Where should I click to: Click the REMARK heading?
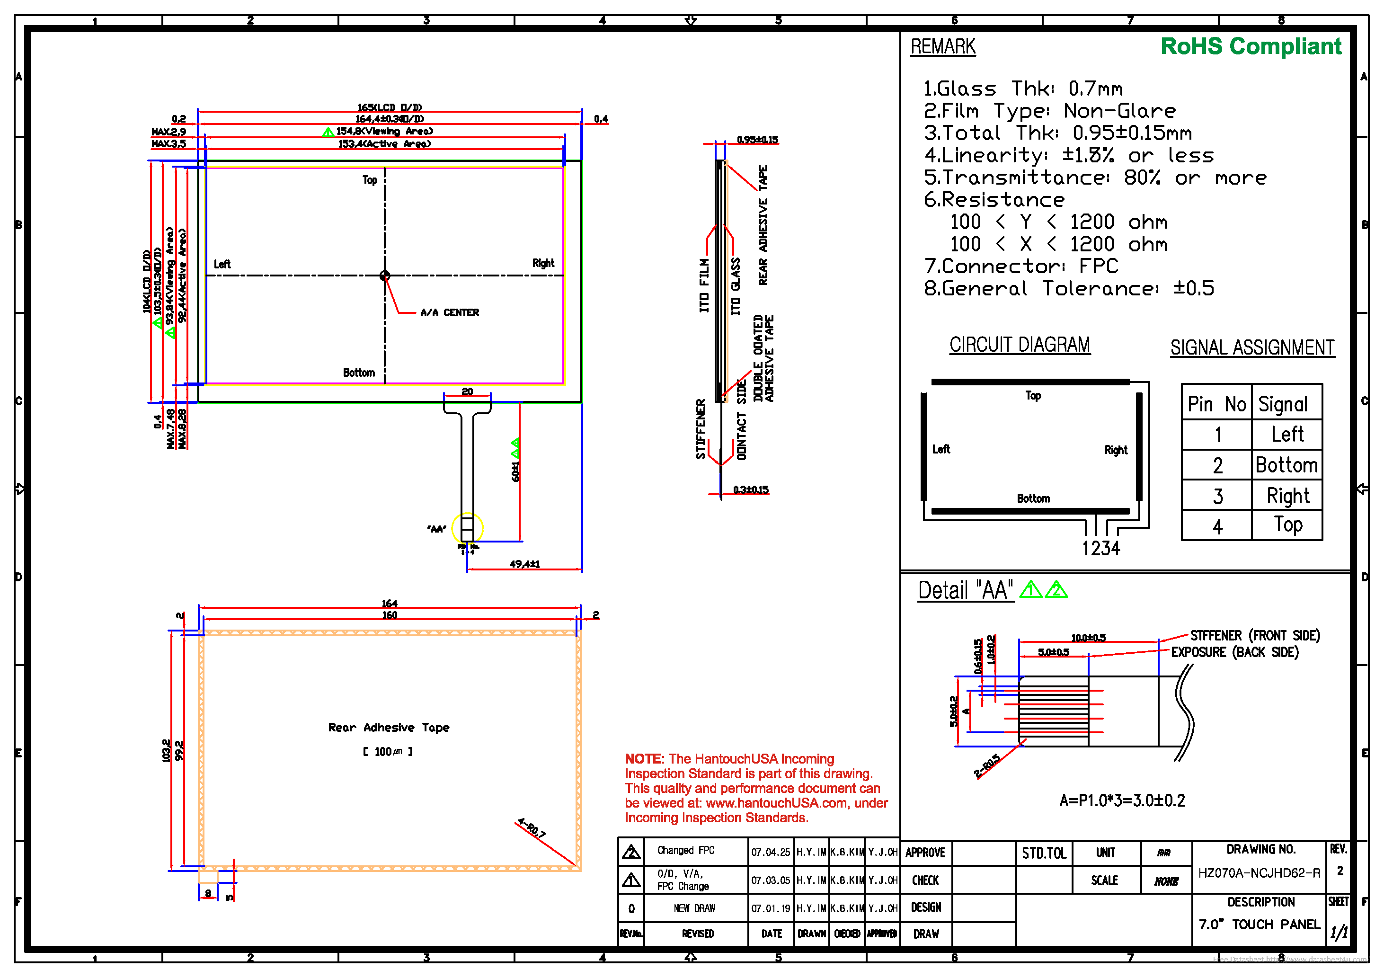(943, 47)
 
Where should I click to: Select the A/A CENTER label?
(450, 312)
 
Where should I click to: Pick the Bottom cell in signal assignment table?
(1286, 465)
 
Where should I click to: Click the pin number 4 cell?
(1218, 526)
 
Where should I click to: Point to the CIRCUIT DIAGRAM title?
(1020, 345)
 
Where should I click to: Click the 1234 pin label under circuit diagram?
(1100, 548)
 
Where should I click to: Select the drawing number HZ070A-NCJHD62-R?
(1259, 873)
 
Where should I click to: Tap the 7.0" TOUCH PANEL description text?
(1259, 925)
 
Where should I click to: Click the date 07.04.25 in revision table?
(771, 852)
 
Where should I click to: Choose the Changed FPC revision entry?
(685, 850)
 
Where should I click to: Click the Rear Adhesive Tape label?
(389, 728)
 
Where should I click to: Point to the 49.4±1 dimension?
(524, 564)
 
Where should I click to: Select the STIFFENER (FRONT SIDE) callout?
(1254, 636)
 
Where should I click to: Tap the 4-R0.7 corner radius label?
(531, 828)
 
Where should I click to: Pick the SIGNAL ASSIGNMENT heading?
(1252, 348)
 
